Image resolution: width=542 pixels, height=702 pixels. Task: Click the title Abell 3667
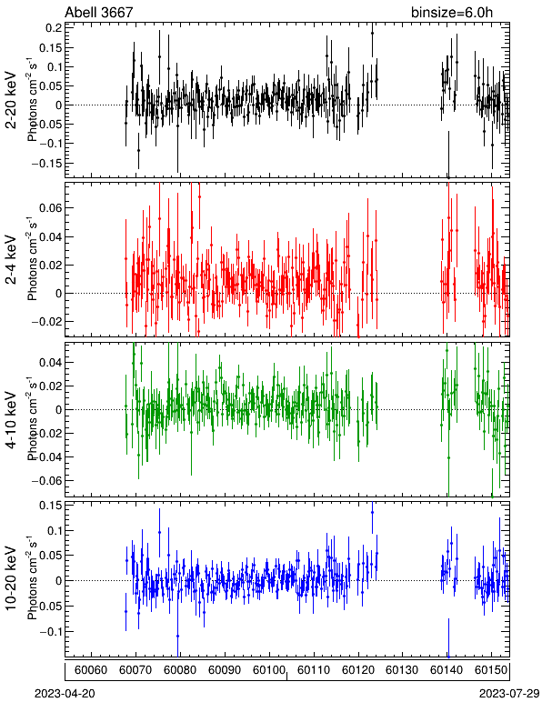point(99,12)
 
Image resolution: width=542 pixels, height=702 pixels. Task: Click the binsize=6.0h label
point(452,12)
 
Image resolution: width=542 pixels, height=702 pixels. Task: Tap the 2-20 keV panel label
point(11,100)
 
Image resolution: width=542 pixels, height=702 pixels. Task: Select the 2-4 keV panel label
point(11,260)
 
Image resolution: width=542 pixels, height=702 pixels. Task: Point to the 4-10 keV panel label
point(11,420)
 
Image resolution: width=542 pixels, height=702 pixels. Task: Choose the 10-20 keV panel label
point(11,578)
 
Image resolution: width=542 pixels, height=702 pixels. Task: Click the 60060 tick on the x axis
point(91,670)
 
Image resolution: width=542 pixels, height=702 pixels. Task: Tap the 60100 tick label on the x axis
point(269,670)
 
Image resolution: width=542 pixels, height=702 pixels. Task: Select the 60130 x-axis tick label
point(402,670)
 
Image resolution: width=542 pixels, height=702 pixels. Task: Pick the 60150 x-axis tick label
point(491,670)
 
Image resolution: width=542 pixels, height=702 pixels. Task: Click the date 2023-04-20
point(65,694)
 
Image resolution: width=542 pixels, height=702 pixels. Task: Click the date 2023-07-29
point(509,694)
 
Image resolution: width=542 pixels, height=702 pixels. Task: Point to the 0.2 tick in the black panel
point(54,28)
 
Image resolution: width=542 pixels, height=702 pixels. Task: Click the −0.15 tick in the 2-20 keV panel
point(46,163)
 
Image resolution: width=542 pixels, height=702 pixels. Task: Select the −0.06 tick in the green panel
point(46,480)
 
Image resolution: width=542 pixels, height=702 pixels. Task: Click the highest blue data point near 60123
point(372,512)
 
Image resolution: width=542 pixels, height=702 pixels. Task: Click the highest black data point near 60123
point(372,33)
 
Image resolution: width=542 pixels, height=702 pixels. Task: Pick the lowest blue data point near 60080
point(177,636)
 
